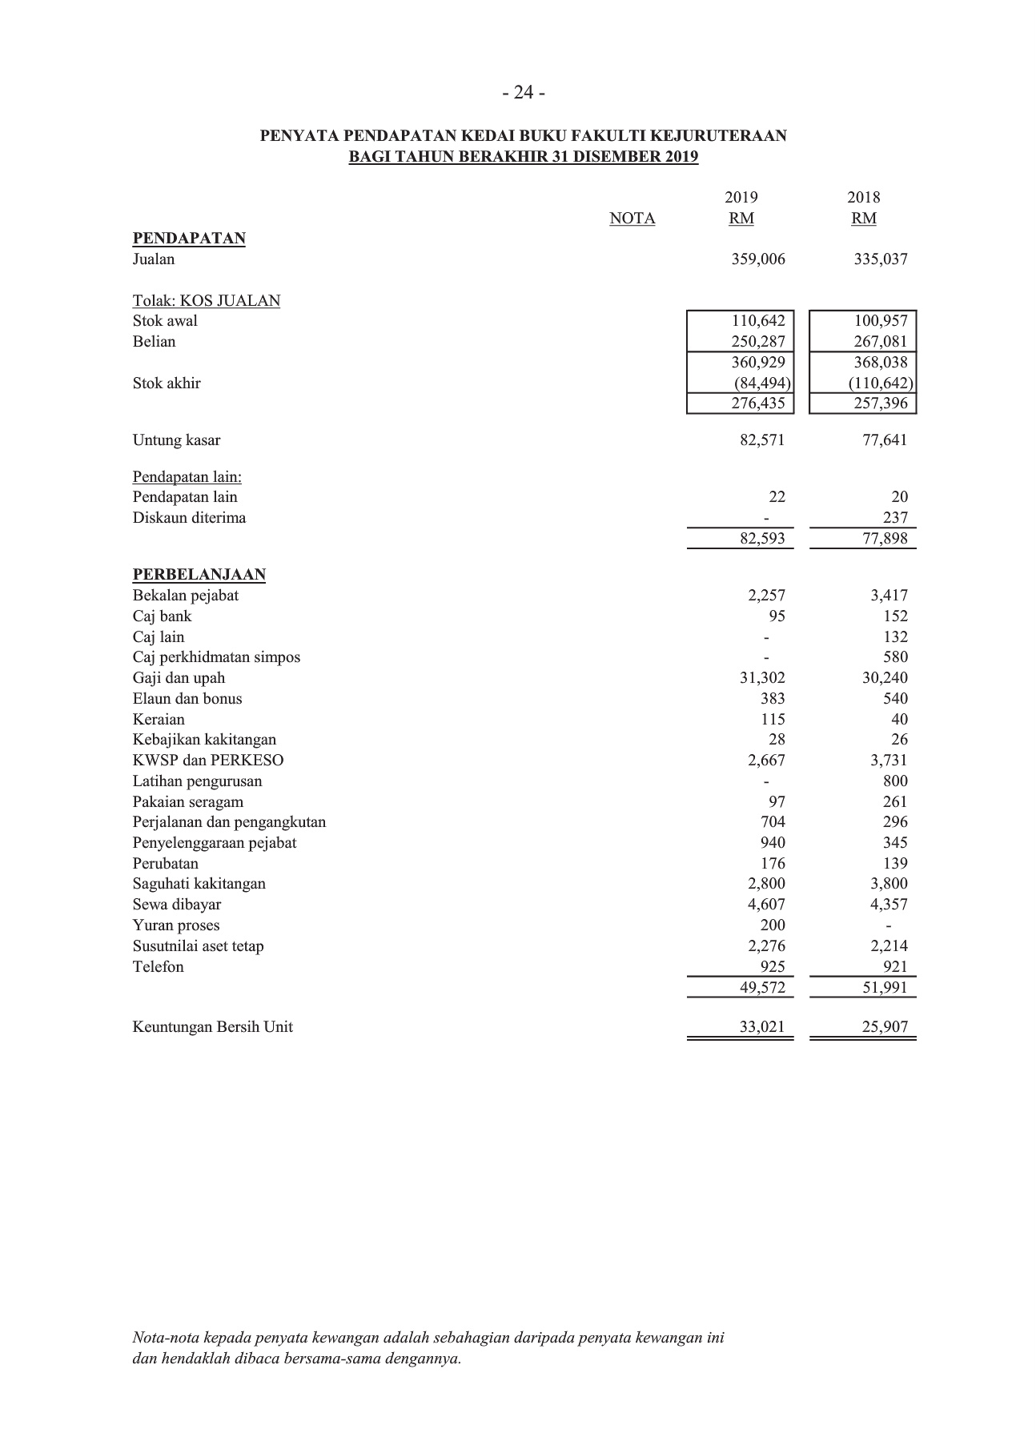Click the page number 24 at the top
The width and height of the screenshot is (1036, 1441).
(524, 94)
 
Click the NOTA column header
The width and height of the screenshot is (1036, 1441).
(632, 219)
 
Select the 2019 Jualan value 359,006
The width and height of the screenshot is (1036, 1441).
(758, 259)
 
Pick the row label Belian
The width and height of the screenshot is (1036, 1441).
(154, 342)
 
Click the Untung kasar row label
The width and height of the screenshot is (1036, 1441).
(176, 440)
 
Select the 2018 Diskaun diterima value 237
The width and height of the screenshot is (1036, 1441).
(895, 518)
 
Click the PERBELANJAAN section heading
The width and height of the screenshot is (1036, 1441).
(199, 575)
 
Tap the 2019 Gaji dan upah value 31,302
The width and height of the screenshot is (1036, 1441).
(762, 678)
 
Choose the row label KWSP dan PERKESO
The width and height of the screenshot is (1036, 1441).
(208, 761)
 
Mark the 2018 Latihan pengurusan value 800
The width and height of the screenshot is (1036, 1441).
(894, 781)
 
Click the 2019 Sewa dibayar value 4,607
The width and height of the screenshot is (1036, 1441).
(766, 905)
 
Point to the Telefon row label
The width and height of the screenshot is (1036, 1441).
(158, 967)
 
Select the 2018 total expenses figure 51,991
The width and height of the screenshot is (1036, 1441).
(884, 988)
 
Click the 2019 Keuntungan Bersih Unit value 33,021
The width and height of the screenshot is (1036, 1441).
(762, 1027)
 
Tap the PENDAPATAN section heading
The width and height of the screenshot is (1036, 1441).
(189, 239)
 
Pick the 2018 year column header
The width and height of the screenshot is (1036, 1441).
(863, 198)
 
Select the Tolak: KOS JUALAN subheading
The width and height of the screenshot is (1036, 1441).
(207, 301)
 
